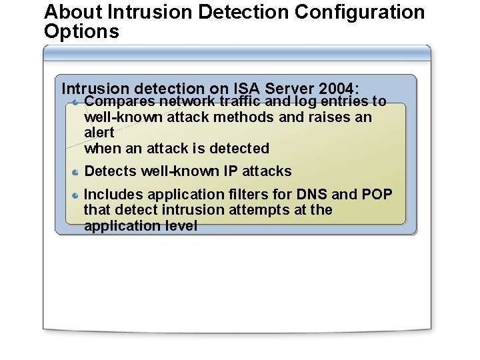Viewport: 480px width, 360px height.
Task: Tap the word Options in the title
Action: [x=81, y=31]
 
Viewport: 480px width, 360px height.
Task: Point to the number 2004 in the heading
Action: [x=337, y=89]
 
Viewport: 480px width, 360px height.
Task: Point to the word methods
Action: [x=247, y=117]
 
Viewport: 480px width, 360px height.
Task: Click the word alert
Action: [x=99, y=133]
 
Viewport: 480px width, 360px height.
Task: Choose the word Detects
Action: [x=111, y=171]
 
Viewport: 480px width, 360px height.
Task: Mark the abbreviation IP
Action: [x=230, y=171]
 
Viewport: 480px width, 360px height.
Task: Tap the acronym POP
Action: [x=377, y=195]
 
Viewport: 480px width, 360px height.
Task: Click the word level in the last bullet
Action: [x=181, y=226]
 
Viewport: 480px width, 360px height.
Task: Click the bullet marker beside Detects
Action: [x=77, y=172]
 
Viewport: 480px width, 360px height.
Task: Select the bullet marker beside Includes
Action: [x=77, y=195]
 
